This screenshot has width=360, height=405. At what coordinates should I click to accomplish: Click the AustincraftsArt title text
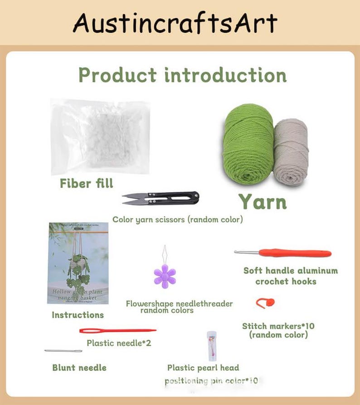point(175,23)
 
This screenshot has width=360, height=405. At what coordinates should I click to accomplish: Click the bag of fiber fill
point(101,136)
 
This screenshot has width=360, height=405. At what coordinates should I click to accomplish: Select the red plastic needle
point(117,331)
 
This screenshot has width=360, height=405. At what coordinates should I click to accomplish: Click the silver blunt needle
point(63,351)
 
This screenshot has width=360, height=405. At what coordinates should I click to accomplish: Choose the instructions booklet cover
point(78,263)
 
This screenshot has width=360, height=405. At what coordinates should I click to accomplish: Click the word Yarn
point(263,201)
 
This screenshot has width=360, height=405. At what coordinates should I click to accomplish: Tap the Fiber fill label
point(87,184)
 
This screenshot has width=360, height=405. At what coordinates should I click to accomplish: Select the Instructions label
point(78,315)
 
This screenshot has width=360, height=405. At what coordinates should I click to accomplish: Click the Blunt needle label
point(79,367)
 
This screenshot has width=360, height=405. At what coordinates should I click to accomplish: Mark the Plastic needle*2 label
point(119,343)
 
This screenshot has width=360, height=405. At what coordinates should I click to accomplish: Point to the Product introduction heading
point(182,75)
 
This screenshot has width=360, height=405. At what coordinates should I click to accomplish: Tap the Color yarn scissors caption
point(177,220)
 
